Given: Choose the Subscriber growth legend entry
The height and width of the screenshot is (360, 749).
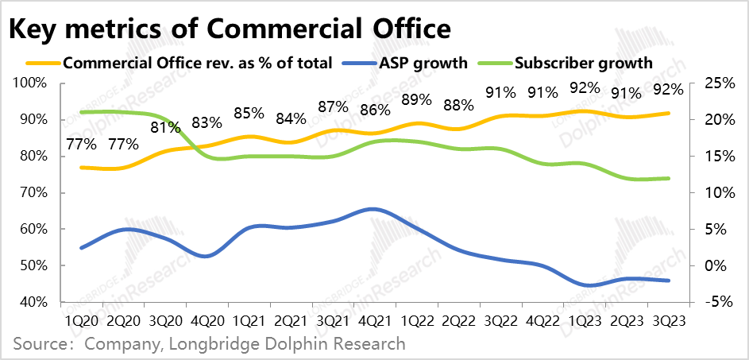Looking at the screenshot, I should pyautogui.click(x=584, y=63).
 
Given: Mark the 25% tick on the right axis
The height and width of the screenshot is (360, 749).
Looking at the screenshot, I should pyautogui.click(x=708, y=83).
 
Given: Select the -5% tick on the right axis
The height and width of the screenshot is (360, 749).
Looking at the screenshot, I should pyautogui.click(x=708, y=302).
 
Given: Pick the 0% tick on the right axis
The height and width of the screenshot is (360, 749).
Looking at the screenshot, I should pyautogui.click(x=708, y=265).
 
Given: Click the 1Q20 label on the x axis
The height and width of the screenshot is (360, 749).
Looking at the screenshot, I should pyautogui.click(x=82, y=321).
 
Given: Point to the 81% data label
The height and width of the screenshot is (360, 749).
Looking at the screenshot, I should pyautogui.click(x=165, y=127).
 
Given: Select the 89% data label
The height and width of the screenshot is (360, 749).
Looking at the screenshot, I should pyautogui.click(x=415, y=100).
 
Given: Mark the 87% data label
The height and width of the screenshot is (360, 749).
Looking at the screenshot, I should pyautogui.click(x=332, y=106).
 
